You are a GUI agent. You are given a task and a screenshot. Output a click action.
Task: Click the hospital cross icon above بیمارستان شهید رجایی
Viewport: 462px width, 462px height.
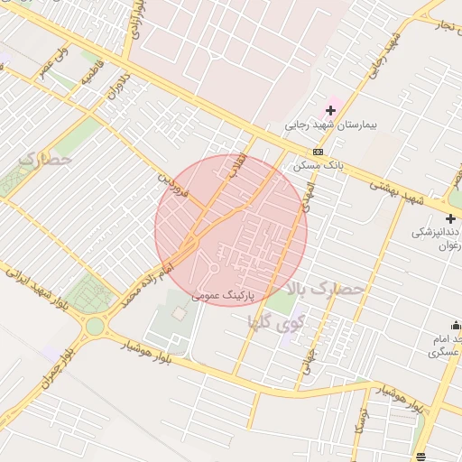(331, 110)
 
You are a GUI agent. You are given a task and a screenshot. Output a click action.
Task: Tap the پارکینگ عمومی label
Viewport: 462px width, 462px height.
(224, 295)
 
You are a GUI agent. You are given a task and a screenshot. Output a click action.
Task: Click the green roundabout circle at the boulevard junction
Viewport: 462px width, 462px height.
(95, 325)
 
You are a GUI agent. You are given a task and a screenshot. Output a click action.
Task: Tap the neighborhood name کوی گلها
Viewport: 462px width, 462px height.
(300, 319)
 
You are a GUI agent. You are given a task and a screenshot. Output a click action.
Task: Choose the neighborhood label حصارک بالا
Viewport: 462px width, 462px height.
(325, 290)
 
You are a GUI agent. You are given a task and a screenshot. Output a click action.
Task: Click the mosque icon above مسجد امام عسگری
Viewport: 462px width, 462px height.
(456, 325)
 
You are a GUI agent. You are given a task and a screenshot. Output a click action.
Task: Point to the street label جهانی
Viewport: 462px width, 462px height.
(311, 362)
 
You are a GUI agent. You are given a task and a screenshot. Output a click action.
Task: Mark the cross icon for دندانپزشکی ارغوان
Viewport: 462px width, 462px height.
(450, 218)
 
